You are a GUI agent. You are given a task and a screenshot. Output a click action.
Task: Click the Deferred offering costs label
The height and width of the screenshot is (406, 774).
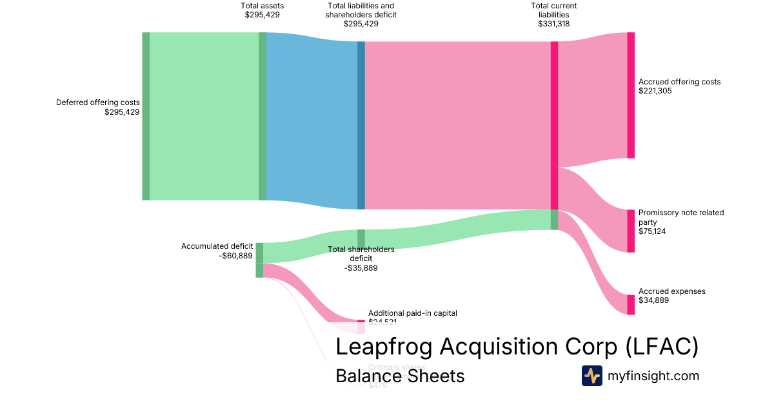(x=98, y=102)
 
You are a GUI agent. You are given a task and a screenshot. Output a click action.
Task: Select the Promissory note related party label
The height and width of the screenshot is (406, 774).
(x=681, y=217)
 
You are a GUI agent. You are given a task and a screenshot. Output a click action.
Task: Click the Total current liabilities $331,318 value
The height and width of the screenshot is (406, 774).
(x=553, y=24)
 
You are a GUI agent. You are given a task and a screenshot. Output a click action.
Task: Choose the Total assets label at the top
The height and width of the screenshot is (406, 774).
(x=262, y=6)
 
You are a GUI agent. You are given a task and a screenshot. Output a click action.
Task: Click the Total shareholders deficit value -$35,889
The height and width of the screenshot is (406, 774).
(x=361, y=268)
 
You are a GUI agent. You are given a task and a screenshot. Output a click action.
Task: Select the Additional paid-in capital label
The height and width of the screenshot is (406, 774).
(x=412, y=313)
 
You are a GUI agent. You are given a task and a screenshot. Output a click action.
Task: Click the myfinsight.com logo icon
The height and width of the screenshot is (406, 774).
(x=591, y=376)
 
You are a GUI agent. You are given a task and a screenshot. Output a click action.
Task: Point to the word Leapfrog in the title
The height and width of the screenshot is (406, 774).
(x=384, y=347)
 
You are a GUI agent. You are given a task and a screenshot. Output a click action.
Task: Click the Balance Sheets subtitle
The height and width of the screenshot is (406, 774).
(x=400, y=376)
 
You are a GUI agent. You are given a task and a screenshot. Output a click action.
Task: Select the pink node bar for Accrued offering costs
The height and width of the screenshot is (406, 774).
(x=631, y=95)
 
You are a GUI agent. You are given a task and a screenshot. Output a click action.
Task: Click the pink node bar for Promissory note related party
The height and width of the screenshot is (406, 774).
(x=631, y=231)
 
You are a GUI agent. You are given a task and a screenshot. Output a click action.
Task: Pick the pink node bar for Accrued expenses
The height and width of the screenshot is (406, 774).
(x=631, y=305)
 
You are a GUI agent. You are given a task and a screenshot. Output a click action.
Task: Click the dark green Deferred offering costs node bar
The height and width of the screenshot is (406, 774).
(x=146, y=116)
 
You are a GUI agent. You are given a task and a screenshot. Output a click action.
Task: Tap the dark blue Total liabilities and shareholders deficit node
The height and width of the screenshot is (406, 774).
(x=361, y=125)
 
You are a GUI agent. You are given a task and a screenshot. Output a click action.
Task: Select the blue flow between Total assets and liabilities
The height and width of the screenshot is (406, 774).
(x=312, y=121)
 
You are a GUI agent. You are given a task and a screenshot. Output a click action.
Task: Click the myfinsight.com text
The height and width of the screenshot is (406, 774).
(x=653, y=376)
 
